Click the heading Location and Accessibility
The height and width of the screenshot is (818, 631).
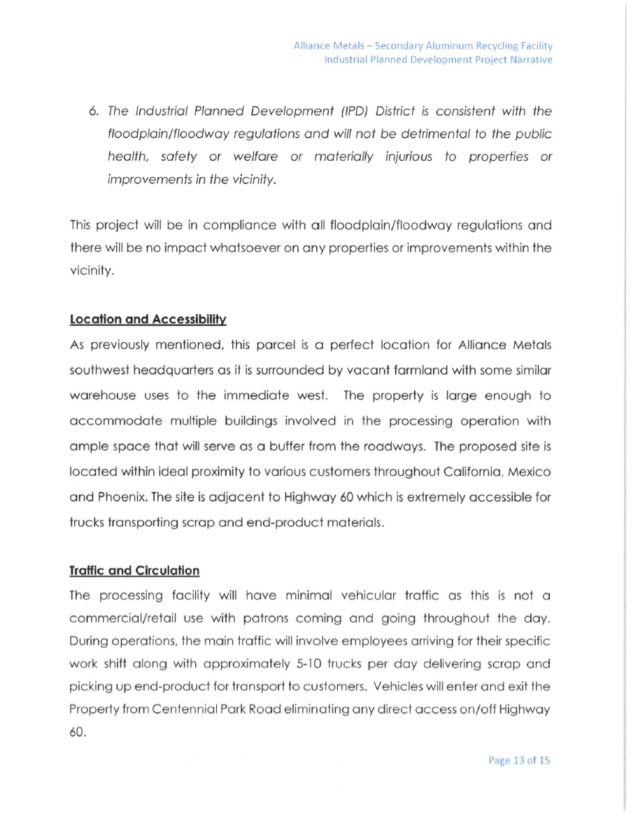point(148,320)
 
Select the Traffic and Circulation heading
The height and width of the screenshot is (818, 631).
point(134,570)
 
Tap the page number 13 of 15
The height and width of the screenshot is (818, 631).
point(518,760)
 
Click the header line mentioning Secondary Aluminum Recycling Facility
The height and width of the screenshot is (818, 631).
point(423,45)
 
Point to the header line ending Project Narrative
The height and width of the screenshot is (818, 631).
point(438,59)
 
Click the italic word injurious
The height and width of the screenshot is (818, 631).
point(409,157)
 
